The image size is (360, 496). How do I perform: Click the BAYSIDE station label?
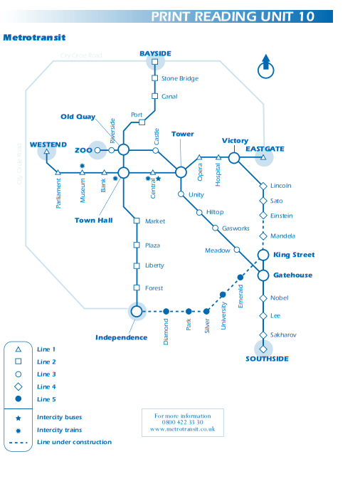[155, 53]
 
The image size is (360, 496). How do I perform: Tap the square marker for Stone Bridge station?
[154, 78]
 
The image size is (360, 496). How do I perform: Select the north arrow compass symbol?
[265, 66]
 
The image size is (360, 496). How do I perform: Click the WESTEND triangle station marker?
[47, 152]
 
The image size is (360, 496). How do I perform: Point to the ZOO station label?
[83, 150]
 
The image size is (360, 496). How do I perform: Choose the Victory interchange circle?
[234, 158]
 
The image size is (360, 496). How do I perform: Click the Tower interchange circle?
[181, 172]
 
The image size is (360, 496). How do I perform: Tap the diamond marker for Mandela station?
[263, 236]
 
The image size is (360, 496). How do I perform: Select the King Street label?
[294, 255]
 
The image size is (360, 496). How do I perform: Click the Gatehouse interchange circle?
[263, 275]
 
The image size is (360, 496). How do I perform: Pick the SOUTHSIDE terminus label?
[267, 359]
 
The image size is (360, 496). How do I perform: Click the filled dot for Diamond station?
[166, 312]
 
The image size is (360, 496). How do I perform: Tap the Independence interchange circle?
[137, 311]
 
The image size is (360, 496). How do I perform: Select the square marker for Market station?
[137, 221]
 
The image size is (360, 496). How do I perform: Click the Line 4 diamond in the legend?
[18, 386]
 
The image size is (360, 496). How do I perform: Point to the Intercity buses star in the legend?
[18, 418]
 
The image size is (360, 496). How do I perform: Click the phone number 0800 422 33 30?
[183, 422]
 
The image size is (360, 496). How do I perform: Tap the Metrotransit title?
[34, 38]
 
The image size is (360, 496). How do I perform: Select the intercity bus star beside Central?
[159, 179]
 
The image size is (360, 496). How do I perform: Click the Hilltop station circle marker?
[199, 212]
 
